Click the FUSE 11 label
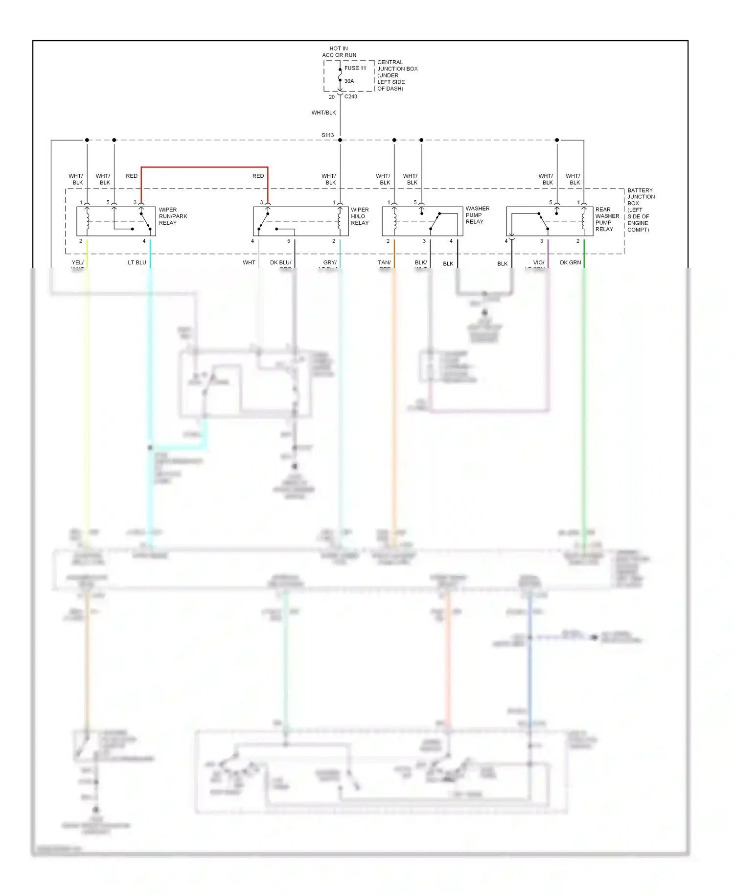tap(355, 68)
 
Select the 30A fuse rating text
tap(349, 81)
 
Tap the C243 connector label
tap(351, 96)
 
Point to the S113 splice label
tap(327, 135)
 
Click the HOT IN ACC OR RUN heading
tap(339, 52)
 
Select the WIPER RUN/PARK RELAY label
tap(172, 216)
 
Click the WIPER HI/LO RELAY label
tap(360, 216)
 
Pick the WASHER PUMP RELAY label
tap(477, 215)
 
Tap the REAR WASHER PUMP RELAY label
tap(607, 219)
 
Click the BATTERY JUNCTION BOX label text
tap(640, 210)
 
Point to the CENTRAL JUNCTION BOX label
tap(397, 75)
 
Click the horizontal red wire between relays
tap(205, 167)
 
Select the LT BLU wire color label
tap(137, 262)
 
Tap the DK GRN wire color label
tap(570, 262)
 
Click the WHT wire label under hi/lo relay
tap(249, 262)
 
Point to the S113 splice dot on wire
tap(340, 140)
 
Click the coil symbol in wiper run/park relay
tap(88, 220)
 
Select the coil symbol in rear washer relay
tap(583, 220)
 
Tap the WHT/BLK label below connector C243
tap(323, 113)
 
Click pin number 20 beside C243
tap(331, 97)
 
